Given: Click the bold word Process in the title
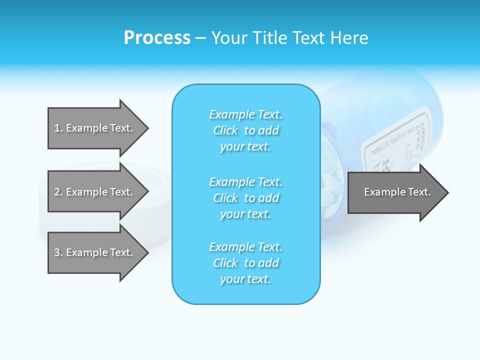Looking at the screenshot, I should click(x=157, y=38).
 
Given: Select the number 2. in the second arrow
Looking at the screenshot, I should click(x=58, y=192).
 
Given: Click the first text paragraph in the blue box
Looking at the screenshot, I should click(x=245, y=130).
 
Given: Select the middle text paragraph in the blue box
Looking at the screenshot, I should click(x=245, y=198).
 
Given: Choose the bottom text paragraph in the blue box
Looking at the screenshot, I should click(x=245, y=263).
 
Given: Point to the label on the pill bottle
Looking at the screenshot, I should click(x=395, y=145).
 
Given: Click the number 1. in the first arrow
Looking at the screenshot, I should click(x=58, y=128).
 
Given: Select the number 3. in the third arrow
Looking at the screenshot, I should click(x=58, y=252).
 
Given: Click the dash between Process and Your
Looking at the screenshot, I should click(x=200, y=38).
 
